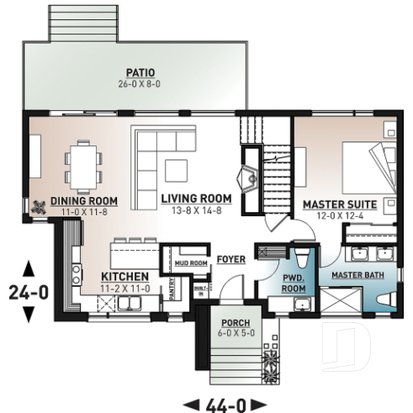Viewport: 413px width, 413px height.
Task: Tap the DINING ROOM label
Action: [x=82, y=201]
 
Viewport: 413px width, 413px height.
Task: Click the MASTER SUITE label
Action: [x=339, y=204]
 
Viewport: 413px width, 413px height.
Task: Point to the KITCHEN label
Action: [x=125, y=276]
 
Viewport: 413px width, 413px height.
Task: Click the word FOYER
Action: [x=230, y=259]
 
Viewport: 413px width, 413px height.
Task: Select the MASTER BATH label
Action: [x=357, y=276]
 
